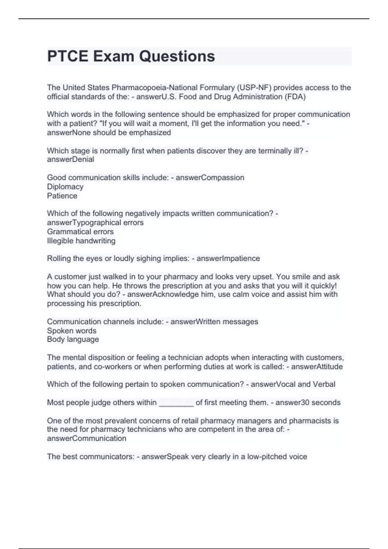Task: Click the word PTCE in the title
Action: tap(68, 56)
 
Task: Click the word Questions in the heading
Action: tap(177, 56)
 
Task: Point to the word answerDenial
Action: tap(70, 159)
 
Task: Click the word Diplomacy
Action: tap(65, 187)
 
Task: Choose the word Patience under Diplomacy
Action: tap(62, 196)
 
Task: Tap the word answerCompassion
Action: tap(210, 178)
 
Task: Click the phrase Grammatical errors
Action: tap(80, 232)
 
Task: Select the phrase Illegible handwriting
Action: tap(81, 241)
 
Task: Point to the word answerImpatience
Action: tap(228, 258)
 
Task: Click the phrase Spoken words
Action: tap(71, 331)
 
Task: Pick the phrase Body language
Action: tap(73, 339)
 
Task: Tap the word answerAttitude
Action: tap(317, 367)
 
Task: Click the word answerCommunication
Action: tap(86, 438)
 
